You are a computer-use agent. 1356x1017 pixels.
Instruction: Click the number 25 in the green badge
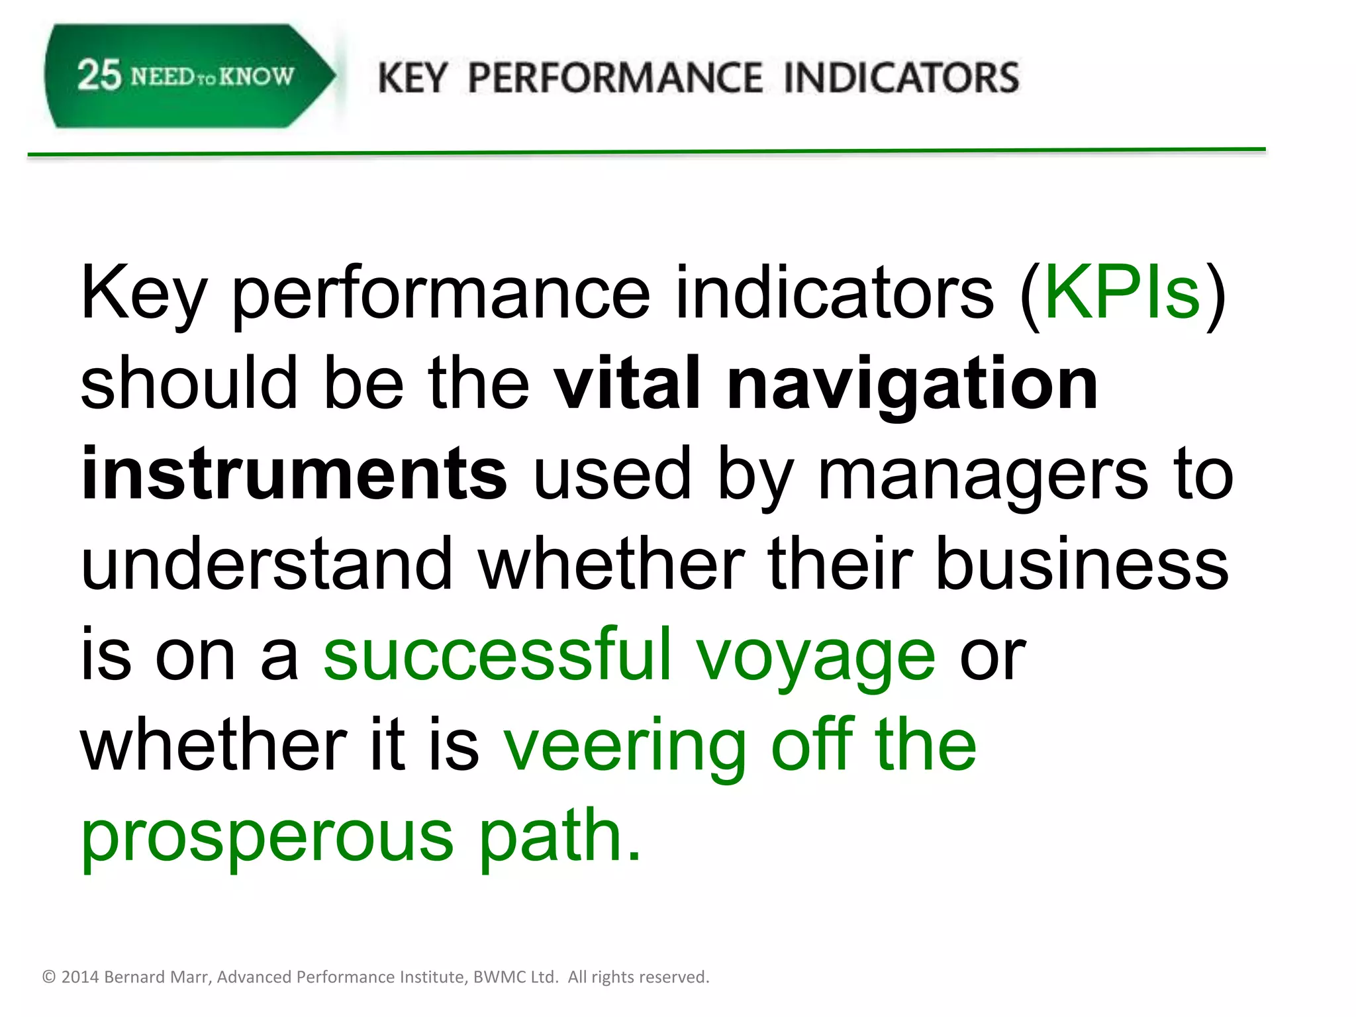(x=99, y=75)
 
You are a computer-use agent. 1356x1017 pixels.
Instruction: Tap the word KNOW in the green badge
(x=256, y=77)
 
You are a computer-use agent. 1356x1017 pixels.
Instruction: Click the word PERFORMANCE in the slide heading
(x=615, y=78)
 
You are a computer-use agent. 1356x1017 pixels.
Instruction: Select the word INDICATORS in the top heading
(x=901, y=78)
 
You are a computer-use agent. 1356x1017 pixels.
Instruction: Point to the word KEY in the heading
(x=412, y=78)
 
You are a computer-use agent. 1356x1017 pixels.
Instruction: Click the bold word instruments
(x=294, y=473)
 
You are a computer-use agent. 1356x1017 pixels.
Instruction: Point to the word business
(x=1082, y=564)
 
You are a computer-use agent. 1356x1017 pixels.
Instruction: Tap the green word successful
(x=497, y=654)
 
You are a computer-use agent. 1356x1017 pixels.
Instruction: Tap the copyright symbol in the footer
(x=49, y=977)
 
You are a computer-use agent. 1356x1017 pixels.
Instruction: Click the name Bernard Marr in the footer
(x=158, y=977)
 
